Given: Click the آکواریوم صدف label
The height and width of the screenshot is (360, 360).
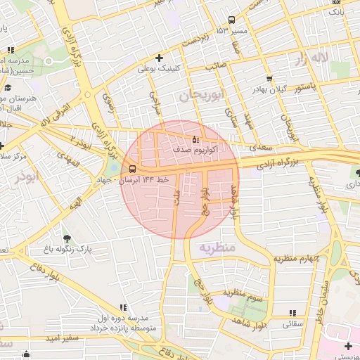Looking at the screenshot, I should point(195,150).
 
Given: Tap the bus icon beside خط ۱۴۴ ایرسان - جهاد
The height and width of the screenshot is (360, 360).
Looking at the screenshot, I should point(132,169).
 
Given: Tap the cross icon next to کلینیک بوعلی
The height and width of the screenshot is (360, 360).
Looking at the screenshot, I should point(160,58).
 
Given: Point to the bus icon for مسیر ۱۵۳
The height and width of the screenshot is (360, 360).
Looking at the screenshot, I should point(232,20).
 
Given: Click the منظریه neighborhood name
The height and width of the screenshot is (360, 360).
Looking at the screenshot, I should point(215,247).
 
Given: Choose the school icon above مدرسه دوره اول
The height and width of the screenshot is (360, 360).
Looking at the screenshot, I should point(124,307).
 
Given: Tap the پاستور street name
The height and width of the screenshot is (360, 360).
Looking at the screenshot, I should point(308,88).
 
